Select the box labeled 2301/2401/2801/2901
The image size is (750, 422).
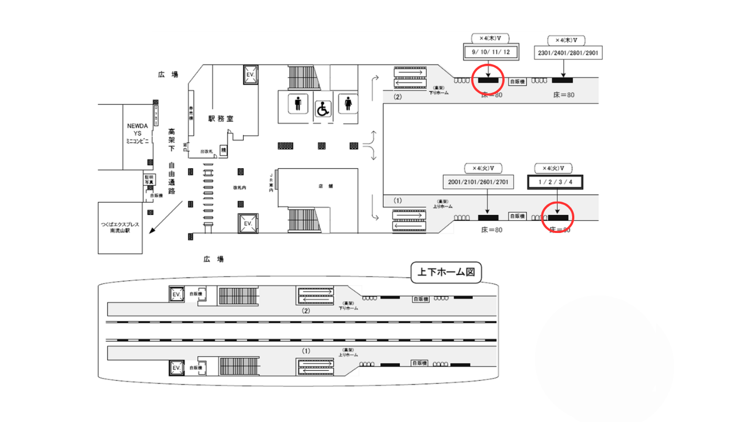click(567, 53)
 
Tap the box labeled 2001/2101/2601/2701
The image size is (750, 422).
click(478, 182)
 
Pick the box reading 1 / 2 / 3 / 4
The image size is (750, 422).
click(555, 182)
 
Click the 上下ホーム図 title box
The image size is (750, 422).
click(446, 272)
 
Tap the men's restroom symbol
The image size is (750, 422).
click(298, 104)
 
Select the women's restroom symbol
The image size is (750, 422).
click(348, 104)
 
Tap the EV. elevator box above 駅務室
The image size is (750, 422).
click(250, 74)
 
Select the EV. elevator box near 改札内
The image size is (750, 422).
click(248, 224)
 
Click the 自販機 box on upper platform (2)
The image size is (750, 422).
click(517, 81)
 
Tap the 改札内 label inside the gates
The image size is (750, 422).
click(239, 187)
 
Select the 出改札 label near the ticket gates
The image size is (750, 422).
click(206, 151)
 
